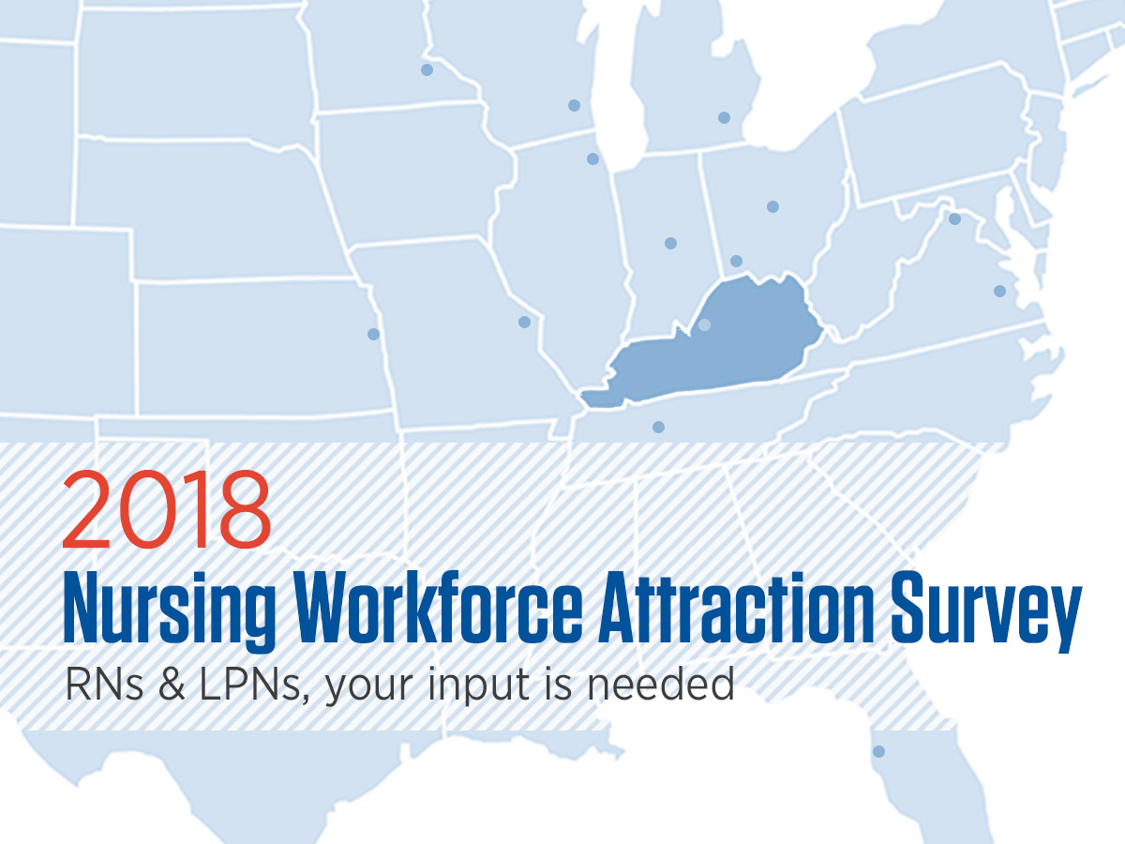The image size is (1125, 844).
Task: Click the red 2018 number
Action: [167, 509]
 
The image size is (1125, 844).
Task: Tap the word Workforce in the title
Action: [440, 608]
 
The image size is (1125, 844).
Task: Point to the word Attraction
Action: [737, 608]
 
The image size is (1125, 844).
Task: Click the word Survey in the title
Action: [985, 612]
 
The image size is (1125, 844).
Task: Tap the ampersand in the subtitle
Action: [172, 686]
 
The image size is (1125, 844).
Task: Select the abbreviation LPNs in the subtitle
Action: [255, 686]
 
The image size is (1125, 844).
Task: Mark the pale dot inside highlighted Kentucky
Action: [705, 324]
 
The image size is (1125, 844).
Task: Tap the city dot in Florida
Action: [879, 752]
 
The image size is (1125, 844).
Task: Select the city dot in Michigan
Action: [724, 118]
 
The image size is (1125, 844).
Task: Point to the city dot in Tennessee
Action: [659, 427]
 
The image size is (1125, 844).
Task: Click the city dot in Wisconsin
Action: [574, 106]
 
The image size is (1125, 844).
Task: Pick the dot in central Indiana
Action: [671, 244]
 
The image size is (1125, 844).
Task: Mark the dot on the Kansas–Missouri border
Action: [374, 335]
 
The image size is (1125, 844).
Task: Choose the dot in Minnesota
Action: [427, 69]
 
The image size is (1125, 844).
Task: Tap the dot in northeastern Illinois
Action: [593, 158]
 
